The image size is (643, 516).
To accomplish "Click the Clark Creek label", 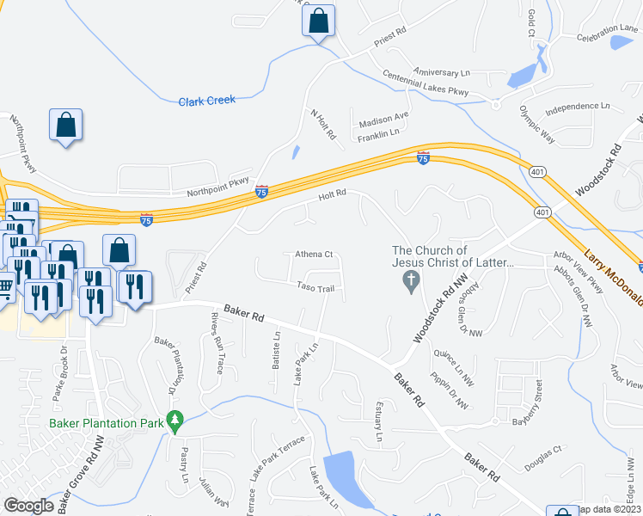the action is point(206,101).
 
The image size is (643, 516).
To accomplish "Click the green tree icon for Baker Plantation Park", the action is point(176,420).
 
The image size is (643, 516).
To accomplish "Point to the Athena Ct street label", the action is point(314,255).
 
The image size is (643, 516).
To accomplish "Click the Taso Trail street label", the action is point(315,287).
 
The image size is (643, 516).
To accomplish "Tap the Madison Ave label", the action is point(383,118).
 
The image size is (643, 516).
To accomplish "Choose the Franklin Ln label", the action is point(379,133).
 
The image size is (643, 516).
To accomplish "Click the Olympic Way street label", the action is point(537,119).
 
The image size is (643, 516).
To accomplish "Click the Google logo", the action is point(28,506).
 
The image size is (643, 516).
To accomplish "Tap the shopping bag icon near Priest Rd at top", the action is point(318,21).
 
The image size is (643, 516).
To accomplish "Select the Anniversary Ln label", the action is point(442,72).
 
